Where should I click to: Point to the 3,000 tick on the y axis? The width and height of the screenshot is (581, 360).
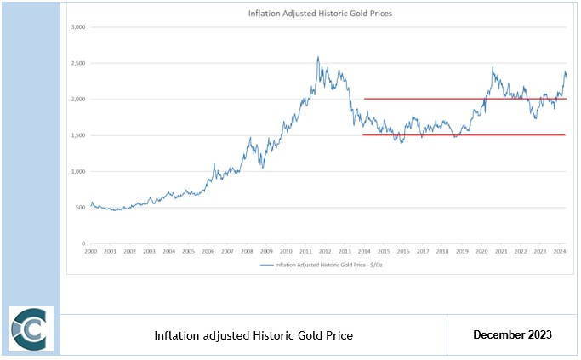77,27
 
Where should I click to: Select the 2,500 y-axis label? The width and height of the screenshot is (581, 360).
77,63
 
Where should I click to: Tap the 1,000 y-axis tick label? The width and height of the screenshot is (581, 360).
77,172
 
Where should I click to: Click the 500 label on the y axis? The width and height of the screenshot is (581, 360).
80,208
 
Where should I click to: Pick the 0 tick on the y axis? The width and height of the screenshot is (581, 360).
83,244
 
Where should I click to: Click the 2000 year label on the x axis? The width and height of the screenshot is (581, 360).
90,252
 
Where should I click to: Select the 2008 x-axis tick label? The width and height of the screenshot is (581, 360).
247,252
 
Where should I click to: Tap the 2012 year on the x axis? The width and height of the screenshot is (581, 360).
324,252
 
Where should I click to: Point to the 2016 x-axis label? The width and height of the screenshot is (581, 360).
403,252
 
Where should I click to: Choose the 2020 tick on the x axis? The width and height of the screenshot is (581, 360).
481,252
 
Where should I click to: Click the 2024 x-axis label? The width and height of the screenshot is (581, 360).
560,252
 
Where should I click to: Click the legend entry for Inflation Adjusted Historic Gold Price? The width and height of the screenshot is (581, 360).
323,266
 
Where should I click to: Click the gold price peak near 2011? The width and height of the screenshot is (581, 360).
318,58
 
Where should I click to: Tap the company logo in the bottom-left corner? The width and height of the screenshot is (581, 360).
31,329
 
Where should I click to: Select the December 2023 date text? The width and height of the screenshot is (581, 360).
512,335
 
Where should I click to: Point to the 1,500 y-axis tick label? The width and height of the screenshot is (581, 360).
77,135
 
